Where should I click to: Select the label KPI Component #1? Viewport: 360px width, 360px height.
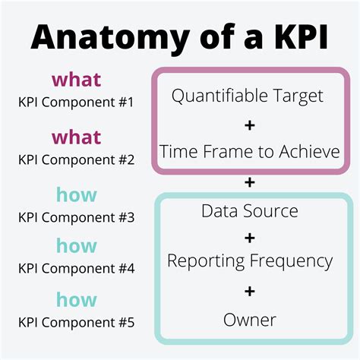coord(76,100)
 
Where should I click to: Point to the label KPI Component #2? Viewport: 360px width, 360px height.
coord(76,159)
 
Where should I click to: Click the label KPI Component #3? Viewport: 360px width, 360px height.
coord(76,217)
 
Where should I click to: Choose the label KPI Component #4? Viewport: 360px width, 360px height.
coord(76,267)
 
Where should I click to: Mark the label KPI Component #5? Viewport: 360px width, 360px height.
coord(76,323)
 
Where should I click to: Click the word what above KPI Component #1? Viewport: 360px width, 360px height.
coord(76,79)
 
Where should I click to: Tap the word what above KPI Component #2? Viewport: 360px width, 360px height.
coord(76,138)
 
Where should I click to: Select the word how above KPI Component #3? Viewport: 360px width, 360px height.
coord(76,195)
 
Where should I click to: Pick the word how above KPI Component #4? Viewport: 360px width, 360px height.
coord(76,246)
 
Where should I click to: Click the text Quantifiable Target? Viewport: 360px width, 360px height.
coord(248,96)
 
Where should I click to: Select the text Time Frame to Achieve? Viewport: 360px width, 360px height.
coord(250,151)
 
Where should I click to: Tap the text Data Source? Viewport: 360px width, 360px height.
coord(250,210)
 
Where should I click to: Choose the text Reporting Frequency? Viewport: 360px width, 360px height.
coord(250,261)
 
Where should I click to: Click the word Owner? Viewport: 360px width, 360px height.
coord(250,320)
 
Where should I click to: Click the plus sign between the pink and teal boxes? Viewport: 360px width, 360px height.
coord(250,182)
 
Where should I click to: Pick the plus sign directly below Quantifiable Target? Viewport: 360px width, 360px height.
coord(250,124)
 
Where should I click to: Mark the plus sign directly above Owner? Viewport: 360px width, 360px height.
coord(250,291)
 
